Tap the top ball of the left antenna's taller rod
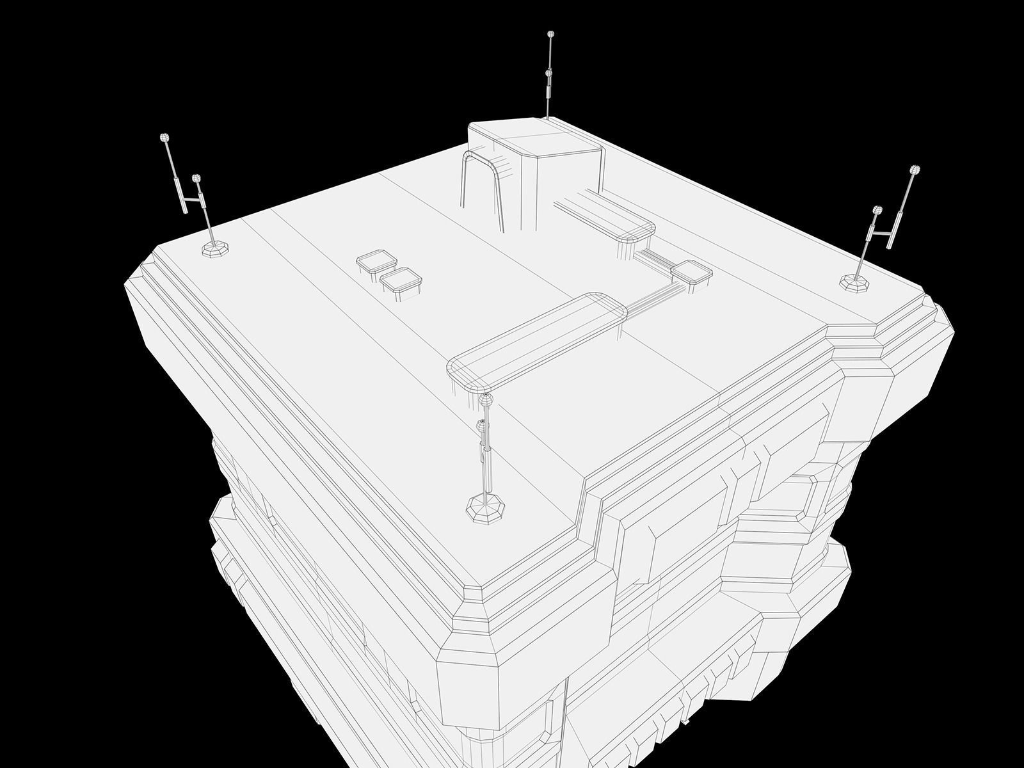tap(164, 138)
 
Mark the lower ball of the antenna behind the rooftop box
tap(548, 74)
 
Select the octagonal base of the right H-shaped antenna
tap(855, 282)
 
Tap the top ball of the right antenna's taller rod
tap(915, 170)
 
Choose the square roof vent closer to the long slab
tap(400, 282)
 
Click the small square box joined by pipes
tap(692, 273)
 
